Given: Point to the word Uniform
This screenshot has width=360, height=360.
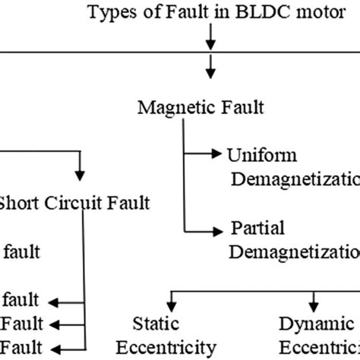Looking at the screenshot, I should pyautogui.click(x=256, y=155).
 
